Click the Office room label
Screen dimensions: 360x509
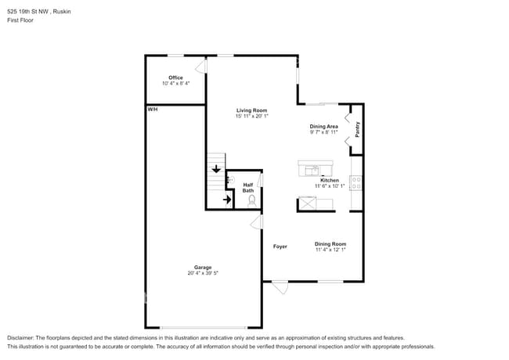[x=175, y=77]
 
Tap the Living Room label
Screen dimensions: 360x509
[x=252, y=110]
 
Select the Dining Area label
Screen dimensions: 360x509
[x=323, y=126]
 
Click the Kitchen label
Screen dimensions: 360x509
[x=329, y=180]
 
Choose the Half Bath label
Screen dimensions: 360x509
[x=247, y=188]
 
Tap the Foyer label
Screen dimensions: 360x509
[x=280, y=247]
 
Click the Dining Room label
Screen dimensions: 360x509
[x=330, y=243]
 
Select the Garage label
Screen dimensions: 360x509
[x=203, y=267]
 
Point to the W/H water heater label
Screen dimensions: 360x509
[x=152, y=110]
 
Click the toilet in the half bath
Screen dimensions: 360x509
[x=252, y=200]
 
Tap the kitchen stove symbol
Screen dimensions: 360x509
[x=356, y=184]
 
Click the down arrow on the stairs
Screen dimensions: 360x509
[x=216, y=169]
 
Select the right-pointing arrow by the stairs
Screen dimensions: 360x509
[x=227, y=200]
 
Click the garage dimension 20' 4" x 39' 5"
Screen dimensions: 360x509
[x=203, y=273]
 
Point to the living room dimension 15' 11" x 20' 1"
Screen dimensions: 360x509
[x=252, y=117]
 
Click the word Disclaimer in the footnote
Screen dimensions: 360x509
[x=22, y=337]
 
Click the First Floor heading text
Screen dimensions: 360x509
[x=20, y=20]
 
